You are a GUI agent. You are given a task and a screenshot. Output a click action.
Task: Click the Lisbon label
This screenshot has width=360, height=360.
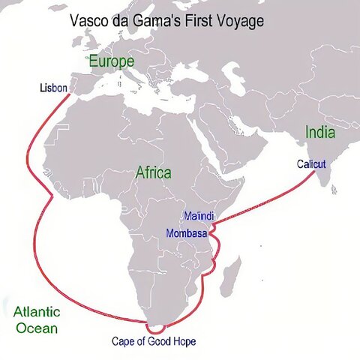coord(54,88)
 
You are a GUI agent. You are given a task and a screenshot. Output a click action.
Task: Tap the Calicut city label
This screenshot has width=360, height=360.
coord(310,163)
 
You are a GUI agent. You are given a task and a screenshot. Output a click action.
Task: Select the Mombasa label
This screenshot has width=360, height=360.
coord(187,232)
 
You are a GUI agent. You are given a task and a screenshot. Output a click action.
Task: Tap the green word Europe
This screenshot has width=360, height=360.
coord(112,61)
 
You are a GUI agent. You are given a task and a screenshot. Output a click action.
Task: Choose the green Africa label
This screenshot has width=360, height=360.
coord(153,172)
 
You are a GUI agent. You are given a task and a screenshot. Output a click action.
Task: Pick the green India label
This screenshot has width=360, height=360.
coord(320,133)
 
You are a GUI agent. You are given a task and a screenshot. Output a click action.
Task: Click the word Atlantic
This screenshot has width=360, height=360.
coord(37,312)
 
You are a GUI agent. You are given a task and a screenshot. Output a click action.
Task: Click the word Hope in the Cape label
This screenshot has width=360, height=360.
coord(182,342)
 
